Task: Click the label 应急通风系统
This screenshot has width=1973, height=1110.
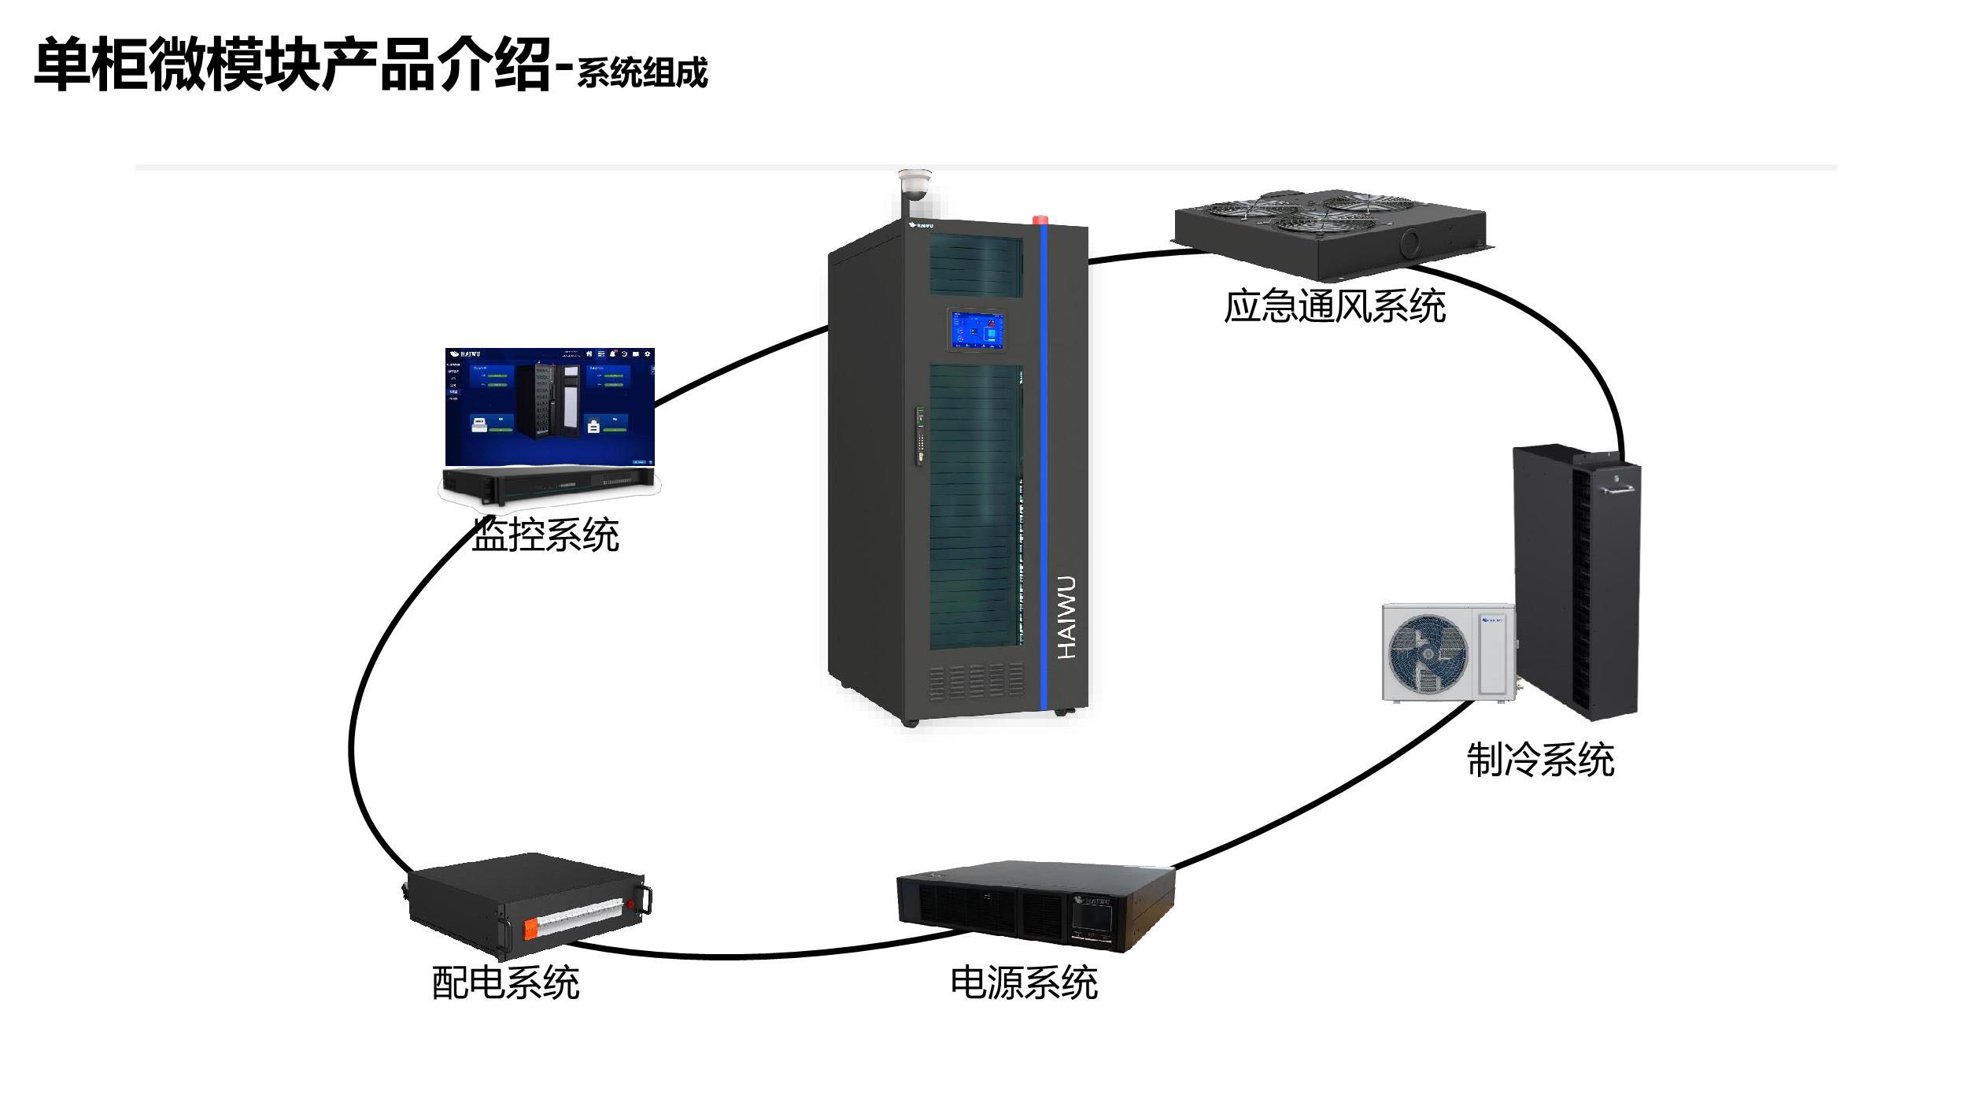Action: (x=1334, y=305)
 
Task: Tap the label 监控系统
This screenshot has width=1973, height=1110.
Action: (x=545, y=535)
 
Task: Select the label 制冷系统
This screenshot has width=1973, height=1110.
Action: (x=1540, y=760)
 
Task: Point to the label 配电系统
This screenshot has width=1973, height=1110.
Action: (x=505, y=982)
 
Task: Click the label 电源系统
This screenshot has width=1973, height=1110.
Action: (x=1023, y=982)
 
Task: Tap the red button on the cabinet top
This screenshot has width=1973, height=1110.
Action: (x=1045, y=219)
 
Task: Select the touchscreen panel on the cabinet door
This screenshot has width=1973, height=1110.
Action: (x=977, y=329)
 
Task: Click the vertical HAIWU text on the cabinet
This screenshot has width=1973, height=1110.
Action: (x=1066, y=617)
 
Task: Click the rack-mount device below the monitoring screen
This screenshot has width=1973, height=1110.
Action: (x=548, y=483)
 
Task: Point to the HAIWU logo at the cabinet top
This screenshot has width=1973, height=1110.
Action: (x=921, y=226)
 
